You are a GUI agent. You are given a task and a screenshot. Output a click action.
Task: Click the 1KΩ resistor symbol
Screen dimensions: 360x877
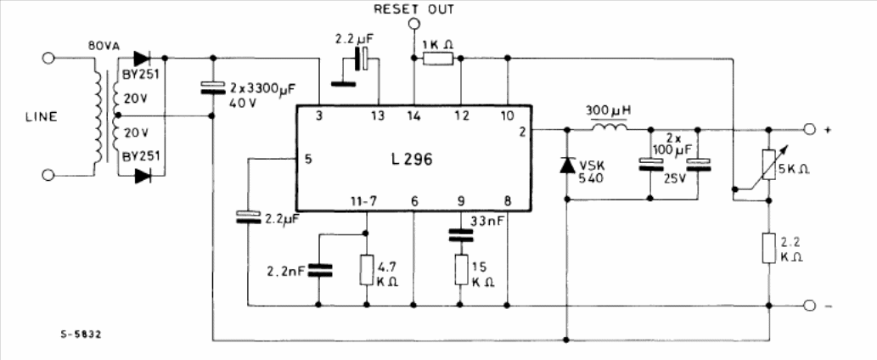(x=438, y=59)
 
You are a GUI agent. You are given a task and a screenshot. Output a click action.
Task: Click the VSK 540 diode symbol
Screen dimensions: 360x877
(x=567, y=165)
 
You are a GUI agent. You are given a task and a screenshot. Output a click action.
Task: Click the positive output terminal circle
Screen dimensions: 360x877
(x=809, y=130)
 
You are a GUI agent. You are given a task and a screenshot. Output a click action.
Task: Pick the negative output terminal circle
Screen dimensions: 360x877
(x=809, y=305)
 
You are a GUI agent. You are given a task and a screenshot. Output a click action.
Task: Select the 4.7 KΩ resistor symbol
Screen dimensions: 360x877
(x=367, y=269)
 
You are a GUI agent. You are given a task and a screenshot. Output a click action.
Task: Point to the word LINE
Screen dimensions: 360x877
(x=41, y=117)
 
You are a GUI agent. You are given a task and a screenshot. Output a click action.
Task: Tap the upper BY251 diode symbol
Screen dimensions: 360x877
(x=140, y=59)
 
